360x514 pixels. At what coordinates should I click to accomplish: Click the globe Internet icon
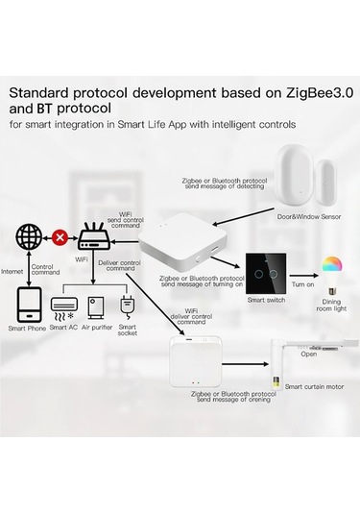(30, 235)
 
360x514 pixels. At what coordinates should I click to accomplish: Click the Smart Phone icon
(28, 306)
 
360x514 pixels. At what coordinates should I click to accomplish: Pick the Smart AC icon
(63, 306)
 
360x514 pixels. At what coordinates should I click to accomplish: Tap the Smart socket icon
(126, 306)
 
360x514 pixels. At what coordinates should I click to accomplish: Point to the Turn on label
(302, 284)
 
